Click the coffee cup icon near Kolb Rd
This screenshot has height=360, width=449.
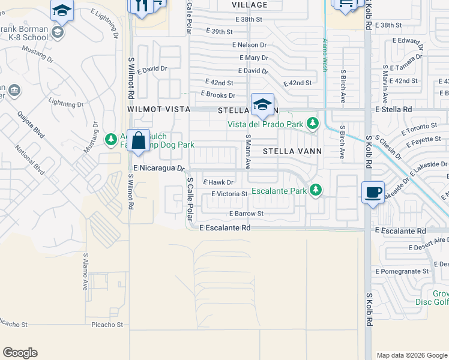(x=373, y=192)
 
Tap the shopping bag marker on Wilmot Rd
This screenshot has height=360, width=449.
(x=138, y=141)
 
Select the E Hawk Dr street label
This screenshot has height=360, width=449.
(x=218, y=182)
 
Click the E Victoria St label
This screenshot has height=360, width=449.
(x=229, y=194)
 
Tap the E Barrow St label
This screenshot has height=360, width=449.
(x=246, y=213)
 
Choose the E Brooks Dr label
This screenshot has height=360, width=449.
(x=218, y=94)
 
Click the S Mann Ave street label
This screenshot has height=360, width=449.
(x=247, y=151)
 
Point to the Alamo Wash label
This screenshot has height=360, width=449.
(x=325, y=55)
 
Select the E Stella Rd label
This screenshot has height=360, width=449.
(x=394, y=110)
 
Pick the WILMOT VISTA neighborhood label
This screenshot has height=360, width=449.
(x=158, y=110)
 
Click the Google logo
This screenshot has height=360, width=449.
(x=20, y=353)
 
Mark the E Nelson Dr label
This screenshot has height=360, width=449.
(x=249, y=45)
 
